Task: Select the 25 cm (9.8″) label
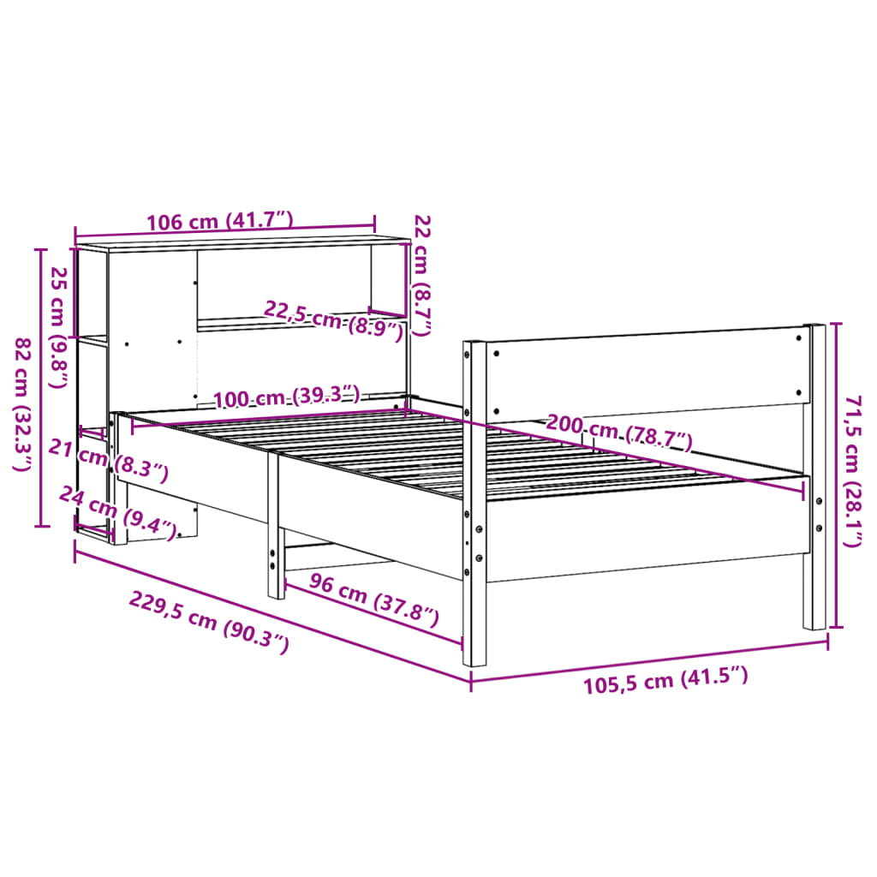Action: click(x=57, y=327)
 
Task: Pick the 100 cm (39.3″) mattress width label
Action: click(x=287, y=398)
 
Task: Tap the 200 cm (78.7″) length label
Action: click(x=619, y=433)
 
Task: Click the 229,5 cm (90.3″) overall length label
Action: click(x=209, y=622)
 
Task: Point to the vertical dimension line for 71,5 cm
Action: click(x=838, y=475)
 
